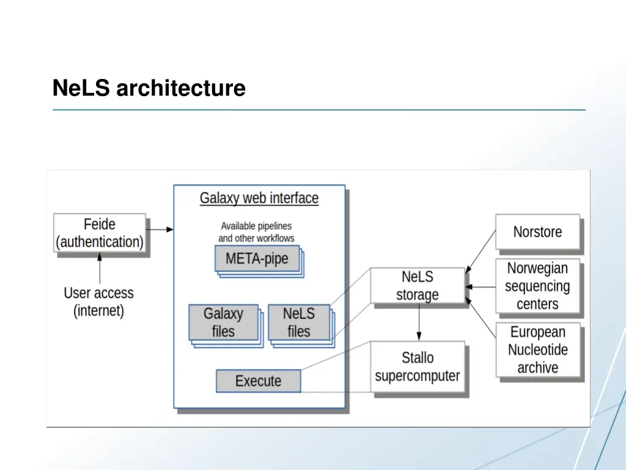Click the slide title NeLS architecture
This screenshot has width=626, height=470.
pos(149,88)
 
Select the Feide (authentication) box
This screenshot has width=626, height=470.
pos(100,233)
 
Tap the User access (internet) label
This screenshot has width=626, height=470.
pos(98,302)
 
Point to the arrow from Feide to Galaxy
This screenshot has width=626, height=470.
pos(160,229)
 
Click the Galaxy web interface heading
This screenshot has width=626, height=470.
pos(259,198)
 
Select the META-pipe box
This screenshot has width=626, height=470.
pos(257,258)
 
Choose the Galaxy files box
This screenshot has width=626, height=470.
pos(223,323)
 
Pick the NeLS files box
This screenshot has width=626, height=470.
pos(299,323)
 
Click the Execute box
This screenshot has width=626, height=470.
pos(258,381)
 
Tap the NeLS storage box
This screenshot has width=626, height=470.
pos(417,285)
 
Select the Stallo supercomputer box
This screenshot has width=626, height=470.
pos(417,367)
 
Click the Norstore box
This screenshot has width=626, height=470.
pos(537,232)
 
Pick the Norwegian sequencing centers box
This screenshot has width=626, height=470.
pos(537,286)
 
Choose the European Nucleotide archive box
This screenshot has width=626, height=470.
pos(537,350)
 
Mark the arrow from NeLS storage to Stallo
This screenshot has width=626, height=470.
pos(419,322)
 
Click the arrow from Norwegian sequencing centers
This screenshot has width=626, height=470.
pos(481,286)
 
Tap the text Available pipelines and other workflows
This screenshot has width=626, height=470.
pos(256,232)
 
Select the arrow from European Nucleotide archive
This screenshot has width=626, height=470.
pos(481,318)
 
